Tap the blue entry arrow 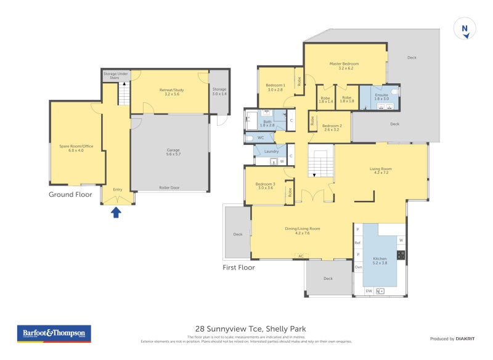[116, 213]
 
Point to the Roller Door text [168, 188]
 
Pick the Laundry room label [271, 151]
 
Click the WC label [261, 137]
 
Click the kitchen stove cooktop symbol [401, 255]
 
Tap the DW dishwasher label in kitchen [369, 290]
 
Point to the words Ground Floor [70, 194]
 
